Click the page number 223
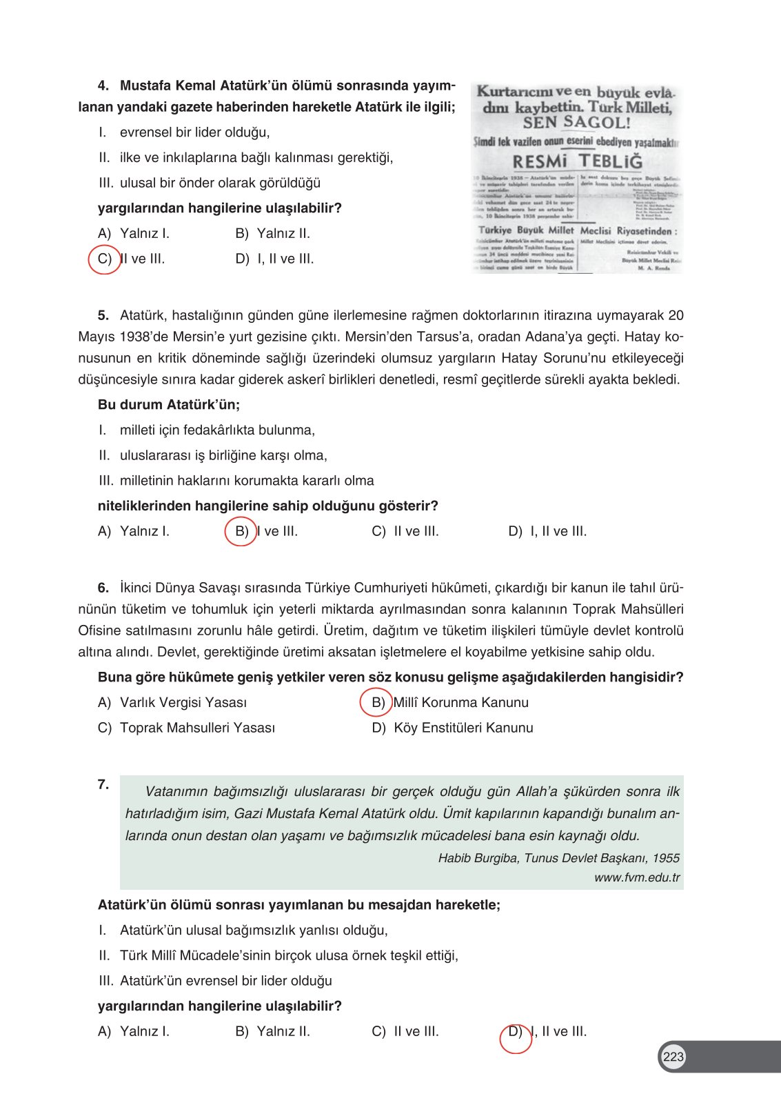point(673,1056)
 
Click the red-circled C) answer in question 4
point(105,259)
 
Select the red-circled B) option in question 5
point(241,531)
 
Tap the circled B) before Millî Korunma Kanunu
point(377,702)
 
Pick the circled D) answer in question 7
point(515,1032)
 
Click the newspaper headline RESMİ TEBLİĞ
point(577,161)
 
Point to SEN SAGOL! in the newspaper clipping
point(576,123)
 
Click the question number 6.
point(103,588)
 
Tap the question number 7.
point(103,784)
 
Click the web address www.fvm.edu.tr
point(636,877)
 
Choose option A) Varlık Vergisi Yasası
point(172,702)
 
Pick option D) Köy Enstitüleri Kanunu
point(452,728)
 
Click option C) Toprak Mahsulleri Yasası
point(186,728)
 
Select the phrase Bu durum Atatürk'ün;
point(169,404)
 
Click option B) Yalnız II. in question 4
point(272,233)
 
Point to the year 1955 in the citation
point(666,858)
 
